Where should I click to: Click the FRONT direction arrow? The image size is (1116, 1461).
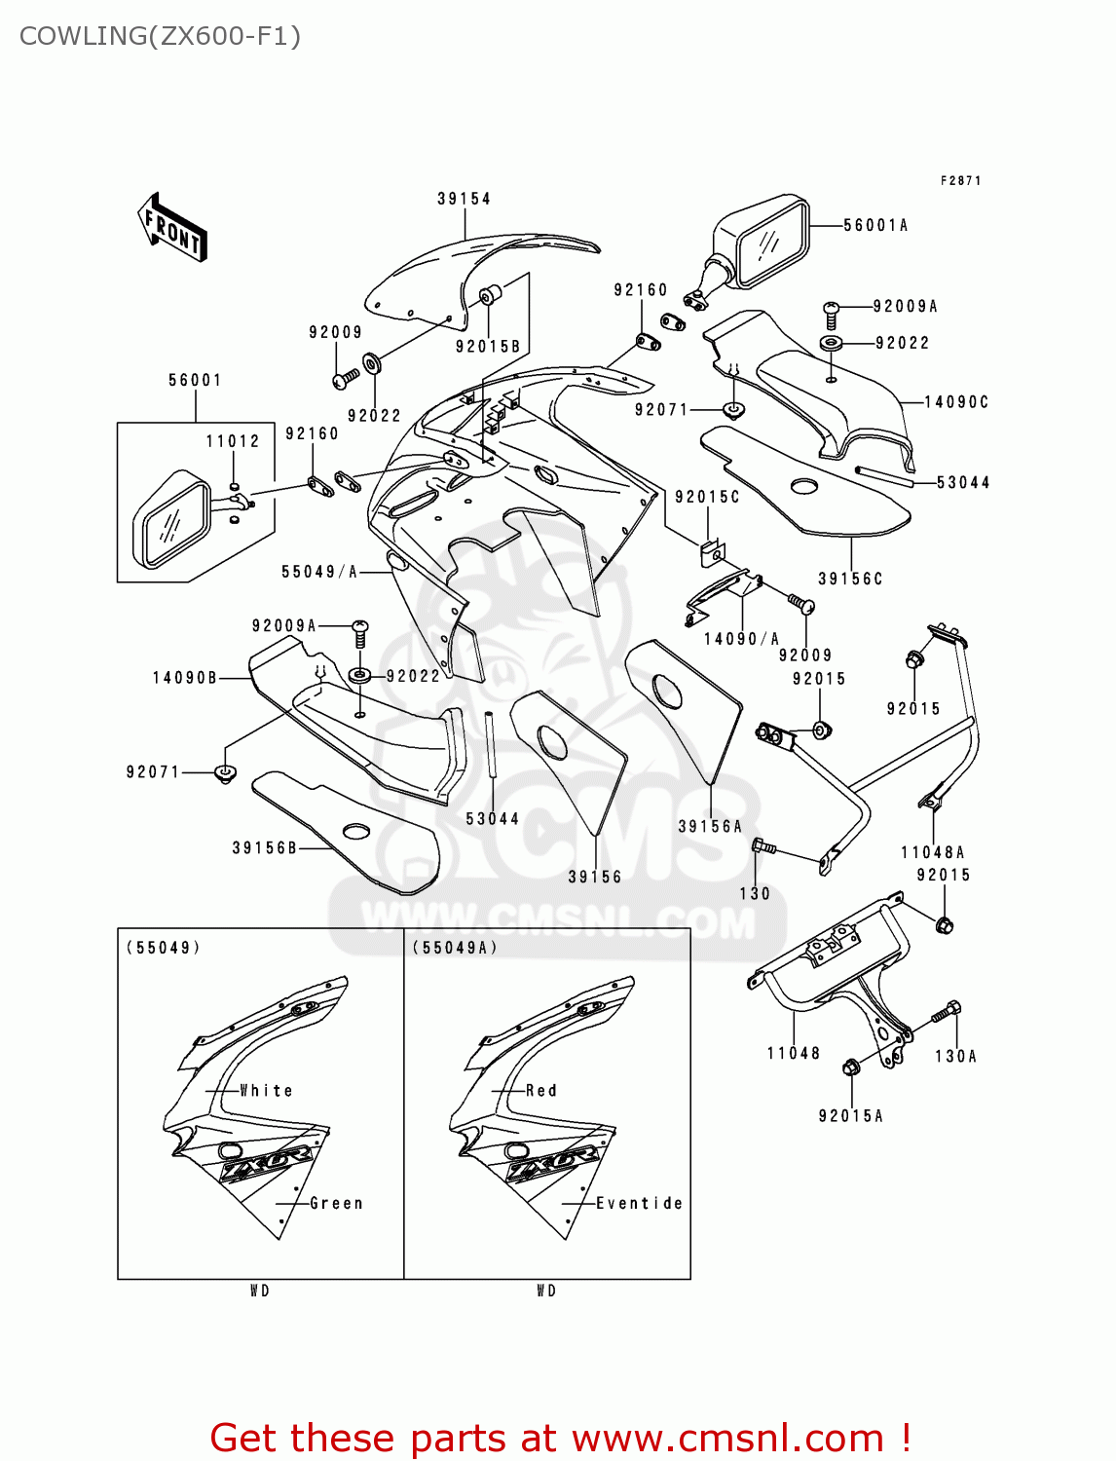(172, 228)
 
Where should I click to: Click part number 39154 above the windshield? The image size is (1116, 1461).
(464, 199)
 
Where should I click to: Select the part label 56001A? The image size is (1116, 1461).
(874, 225)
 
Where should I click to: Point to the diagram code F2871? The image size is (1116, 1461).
(960, 180)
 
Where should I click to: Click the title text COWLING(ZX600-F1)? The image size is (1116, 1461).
(160, 36)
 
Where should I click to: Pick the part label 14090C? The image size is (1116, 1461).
(955, 401)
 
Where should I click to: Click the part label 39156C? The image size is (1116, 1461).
(849, 579)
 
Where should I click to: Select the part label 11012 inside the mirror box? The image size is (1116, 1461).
(233, 441)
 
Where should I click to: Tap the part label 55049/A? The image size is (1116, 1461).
(319, 572)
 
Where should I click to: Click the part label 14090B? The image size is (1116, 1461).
(185, 678)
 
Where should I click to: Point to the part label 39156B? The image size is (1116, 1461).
(264, 848)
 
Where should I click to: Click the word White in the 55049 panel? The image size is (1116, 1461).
(266, 1091)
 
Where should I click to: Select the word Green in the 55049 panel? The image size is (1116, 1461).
(336, 1204)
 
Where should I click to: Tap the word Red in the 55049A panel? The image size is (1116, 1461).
(541, 1091)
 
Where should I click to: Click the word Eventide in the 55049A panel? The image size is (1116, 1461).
(639, 1204)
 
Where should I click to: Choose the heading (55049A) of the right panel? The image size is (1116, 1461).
(454, 948)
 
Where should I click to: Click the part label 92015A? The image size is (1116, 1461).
(850, 1116)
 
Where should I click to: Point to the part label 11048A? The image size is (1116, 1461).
(932, 852)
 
